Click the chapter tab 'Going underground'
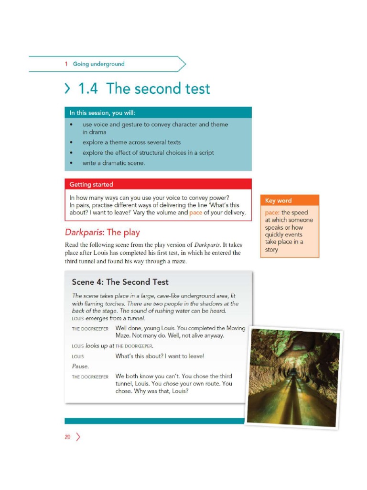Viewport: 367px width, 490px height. pos(98,64)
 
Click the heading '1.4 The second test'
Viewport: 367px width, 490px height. pos(143,89)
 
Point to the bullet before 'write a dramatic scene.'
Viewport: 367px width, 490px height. pos(71,163)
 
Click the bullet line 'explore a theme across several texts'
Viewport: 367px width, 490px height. pos(131,143)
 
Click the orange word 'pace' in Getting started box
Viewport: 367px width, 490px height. pos(196,212)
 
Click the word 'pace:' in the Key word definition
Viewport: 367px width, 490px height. pos(272,212)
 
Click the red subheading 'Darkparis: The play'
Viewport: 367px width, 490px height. pos(102,233)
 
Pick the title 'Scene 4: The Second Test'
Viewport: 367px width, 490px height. pos(120,282)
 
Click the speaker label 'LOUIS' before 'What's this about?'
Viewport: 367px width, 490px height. pos(78,356)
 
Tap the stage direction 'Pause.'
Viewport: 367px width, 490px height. pos(80,366)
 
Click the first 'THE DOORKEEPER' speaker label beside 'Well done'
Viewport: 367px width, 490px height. pos(90,329)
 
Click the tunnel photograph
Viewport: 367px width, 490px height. pos(293,377)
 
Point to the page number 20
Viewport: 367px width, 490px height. pos(68,436)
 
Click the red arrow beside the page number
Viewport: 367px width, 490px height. pos(78,436)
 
